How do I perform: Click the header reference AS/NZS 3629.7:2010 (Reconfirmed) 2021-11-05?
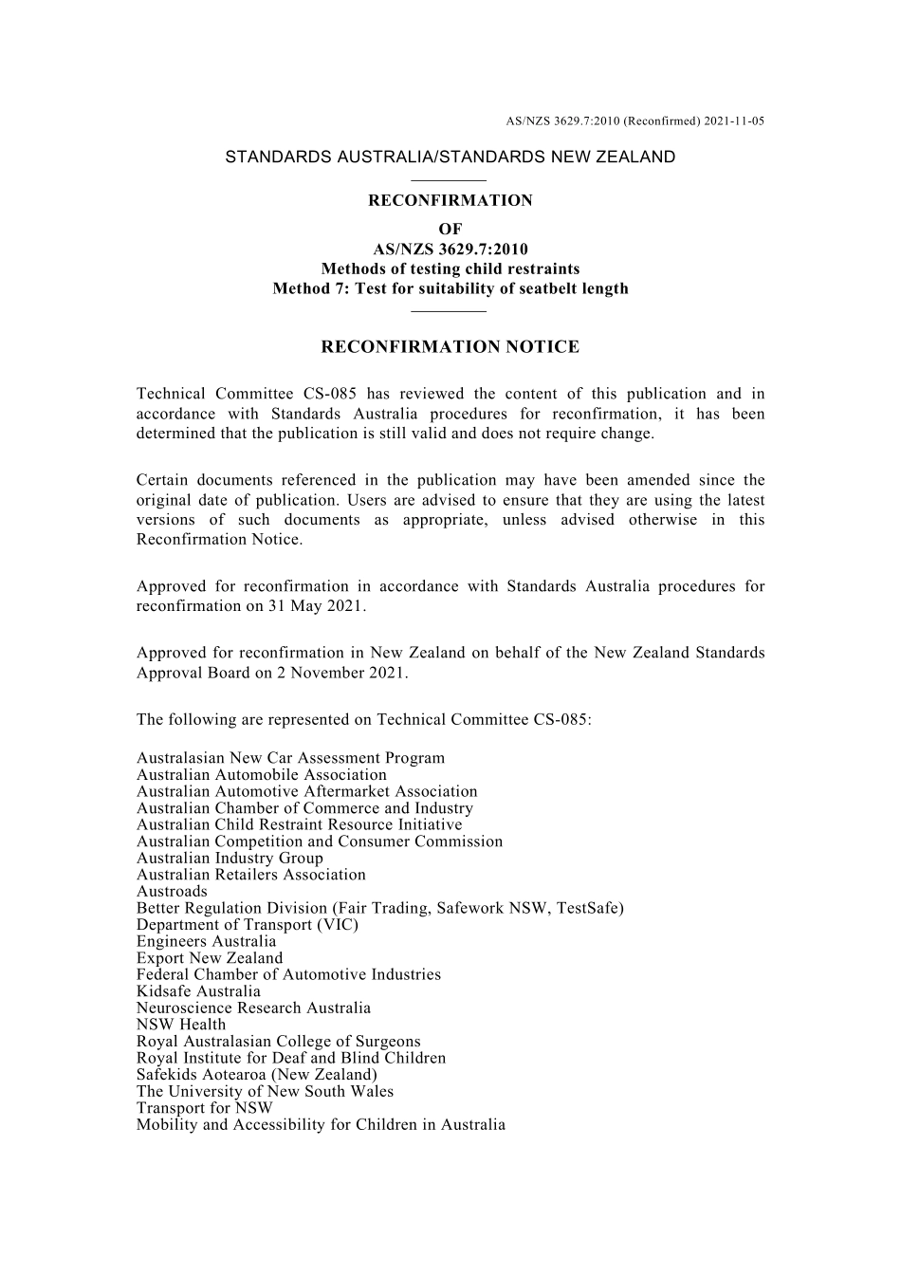(634, 121)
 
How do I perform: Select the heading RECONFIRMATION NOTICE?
(450, 347)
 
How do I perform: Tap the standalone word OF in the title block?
(450, 229)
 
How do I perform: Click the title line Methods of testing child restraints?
(450, 268)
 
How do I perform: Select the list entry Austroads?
(172, 891)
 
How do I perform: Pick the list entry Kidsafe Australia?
(198, 991)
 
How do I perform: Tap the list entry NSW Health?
(181, 1025)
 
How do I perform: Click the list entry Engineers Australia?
(206, 941)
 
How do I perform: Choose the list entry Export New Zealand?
(210, 958)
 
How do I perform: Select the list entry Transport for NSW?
(204, 1108)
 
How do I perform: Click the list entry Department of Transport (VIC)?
(248, 925)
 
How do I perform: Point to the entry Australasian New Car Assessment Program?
(290, 758)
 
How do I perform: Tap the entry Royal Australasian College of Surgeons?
(278, 1042)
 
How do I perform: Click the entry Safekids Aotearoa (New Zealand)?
(256, 1075)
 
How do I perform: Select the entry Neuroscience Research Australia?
(253, 1008)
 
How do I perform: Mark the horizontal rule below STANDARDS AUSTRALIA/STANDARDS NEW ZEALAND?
(450, 179)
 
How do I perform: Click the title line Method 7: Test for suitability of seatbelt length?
(450, 288)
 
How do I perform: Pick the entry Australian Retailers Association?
(250, 875)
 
